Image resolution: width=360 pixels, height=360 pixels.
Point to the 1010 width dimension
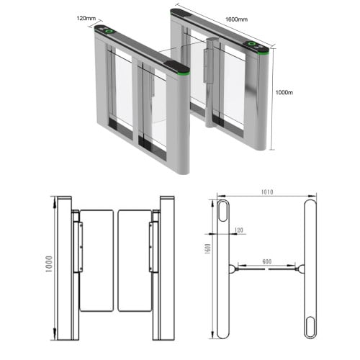(x=267, y=194)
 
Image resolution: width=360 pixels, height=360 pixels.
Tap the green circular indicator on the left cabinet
(x=109, y=31)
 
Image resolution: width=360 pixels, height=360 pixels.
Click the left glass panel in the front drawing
(x=96, y=260)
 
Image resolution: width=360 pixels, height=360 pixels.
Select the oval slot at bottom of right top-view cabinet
(x=310, y=323)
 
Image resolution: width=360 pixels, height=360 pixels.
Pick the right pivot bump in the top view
(x=300, y=269)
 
